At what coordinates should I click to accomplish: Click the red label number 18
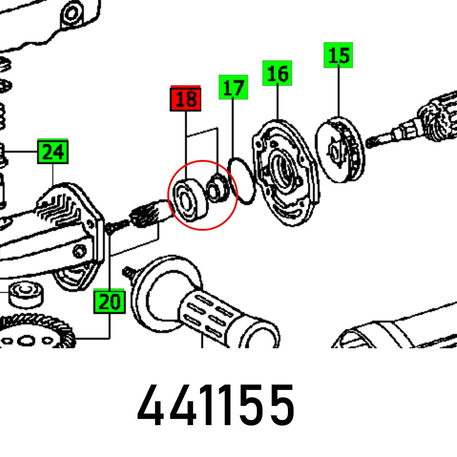(x=186, y=99)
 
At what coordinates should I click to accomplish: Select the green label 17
(x=233, y=88)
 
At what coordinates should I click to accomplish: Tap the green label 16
(x=277, y=74)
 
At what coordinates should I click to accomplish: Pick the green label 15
(x=338, y=55)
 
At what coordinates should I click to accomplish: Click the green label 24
(x=53, y=151)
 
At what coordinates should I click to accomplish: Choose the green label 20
(x=110, y=302)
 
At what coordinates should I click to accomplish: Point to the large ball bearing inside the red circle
(x=187, y=201)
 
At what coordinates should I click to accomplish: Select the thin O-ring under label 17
(x=242, y=181)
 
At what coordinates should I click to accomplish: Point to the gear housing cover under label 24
(x=69, y=215)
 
